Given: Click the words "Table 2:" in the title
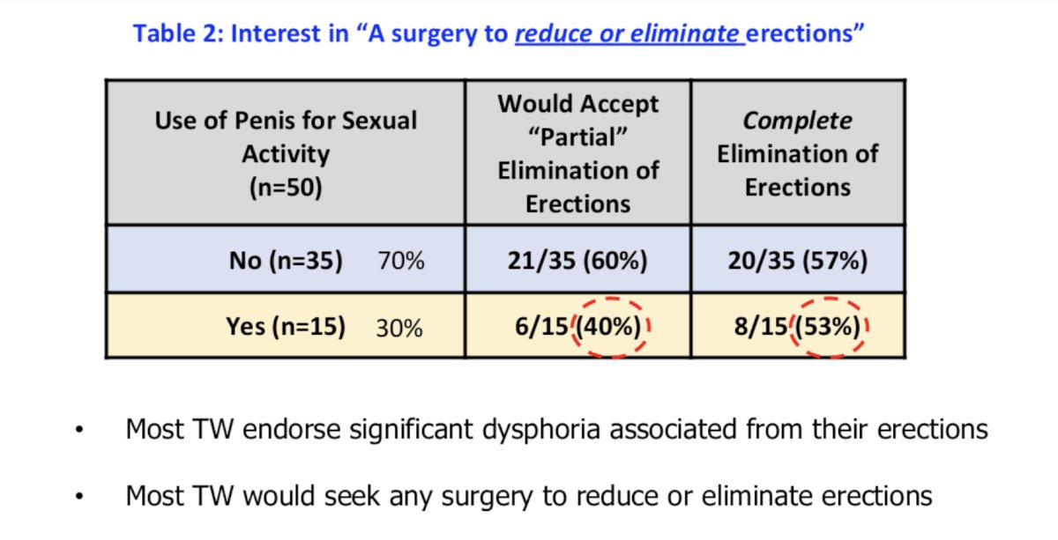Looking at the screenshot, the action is [177, 33].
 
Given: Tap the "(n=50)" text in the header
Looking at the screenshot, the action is [286, 188].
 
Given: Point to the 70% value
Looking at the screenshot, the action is [401, 261].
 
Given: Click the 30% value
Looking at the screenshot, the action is [399, 328].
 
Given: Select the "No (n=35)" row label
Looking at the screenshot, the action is [286, 261].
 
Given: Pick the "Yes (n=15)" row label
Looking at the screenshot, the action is [286, 327].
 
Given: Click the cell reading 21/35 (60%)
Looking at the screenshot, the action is [577, 261].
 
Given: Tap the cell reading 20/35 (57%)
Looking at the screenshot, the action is [798, 261].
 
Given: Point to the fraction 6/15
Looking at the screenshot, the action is [541, 327].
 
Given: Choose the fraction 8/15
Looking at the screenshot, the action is [761, 327].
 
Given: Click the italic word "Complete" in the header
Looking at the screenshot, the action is [798, 121].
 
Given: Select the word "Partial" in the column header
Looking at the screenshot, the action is [577, 137].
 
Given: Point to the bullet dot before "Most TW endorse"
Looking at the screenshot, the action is [79, 430].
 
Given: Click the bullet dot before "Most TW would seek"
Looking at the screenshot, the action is [79, 496].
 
